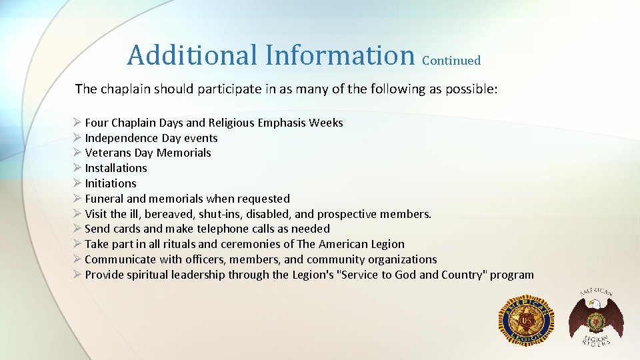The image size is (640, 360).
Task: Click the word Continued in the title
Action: coord(451,61)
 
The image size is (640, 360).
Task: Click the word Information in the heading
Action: coord(339,55)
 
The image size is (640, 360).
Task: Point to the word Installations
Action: coord(116,168)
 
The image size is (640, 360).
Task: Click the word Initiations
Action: coord(111,183)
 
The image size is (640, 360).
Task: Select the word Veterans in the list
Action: coord(108,153)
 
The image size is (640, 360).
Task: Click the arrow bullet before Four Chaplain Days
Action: coord(77,123)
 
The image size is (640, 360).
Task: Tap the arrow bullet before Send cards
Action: coord(77,229)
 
